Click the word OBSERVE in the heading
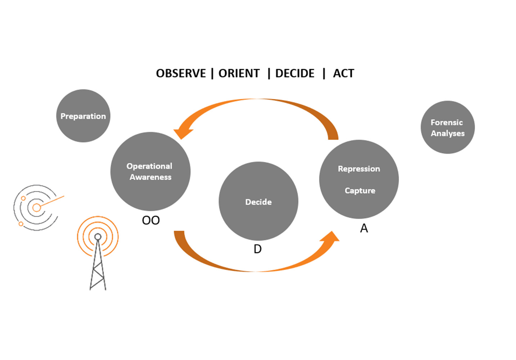(181, 73)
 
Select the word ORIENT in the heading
(239, 73)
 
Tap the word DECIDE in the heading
(295, 73)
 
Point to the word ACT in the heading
(344, 73)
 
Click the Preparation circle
(83, 116)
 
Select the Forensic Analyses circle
(448, 127)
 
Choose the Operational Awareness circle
(151, 171)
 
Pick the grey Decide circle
(259, 201)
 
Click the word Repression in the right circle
(359, 169)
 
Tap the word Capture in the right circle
(360, 191)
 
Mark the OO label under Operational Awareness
(151, 220)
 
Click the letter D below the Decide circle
(257, 249)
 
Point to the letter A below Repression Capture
(364, 228)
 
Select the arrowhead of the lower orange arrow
(331, 237)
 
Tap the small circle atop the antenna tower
(98, 237)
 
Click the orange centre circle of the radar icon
(36, 208)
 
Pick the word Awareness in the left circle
(151, 177)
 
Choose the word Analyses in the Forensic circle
(448, 134)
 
